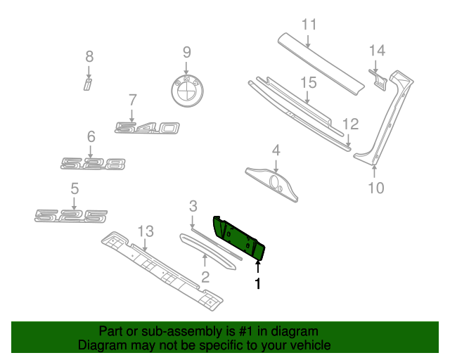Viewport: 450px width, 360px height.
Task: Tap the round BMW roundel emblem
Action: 187,91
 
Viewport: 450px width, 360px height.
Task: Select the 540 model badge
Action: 148,128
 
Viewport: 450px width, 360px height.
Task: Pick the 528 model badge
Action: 93,164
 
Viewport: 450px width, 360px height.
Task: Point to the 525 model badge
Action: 72,215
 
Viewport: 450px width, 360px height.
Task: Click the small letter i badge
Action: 89,85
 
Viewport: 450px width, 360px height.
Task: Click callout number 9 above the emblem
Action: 186,51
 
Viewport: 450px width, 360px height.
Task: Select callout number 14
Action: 378,50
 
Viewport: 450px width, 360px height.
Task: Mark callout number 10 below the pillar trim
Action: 376,187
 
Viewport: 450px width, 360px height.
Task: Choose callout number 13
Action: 145,231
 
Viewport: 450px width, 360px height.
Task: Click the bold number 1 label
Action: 257,284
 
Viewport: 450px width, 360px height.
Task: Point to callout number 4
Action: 276,150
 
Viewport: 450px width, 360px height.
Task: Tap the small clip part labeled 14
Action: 378,79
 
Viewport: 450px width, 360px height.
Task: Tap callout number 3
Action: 193,206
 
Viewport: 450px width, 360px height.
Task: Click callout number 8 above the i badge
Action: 89,56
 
